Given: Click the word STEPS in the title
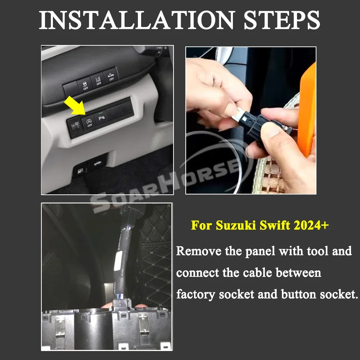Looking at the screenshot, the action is click(x=282, y=20).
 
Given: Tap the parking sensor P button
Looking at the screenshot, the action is click(x=101, y=118).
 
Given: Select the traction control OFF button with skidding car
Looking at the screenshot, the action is click(x=85, y=85).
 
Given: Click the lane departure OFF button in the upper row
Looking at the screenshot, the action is click(x=98, y=80).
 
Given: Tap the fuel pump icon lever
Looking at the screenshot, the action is click(x=80, y=171).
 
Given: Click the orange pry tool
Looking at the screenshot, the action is click(x=307, y=110).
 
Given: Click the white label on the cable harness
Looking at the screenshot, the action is click(x=118, y=261).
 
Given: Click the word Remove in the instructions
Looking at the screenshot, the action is click(x=199, y=251).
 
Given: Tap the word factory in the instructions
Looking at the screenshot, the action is click(x=195, y=294).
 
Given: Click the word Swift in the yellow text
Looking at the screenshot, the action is click(x=275, y=225).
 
